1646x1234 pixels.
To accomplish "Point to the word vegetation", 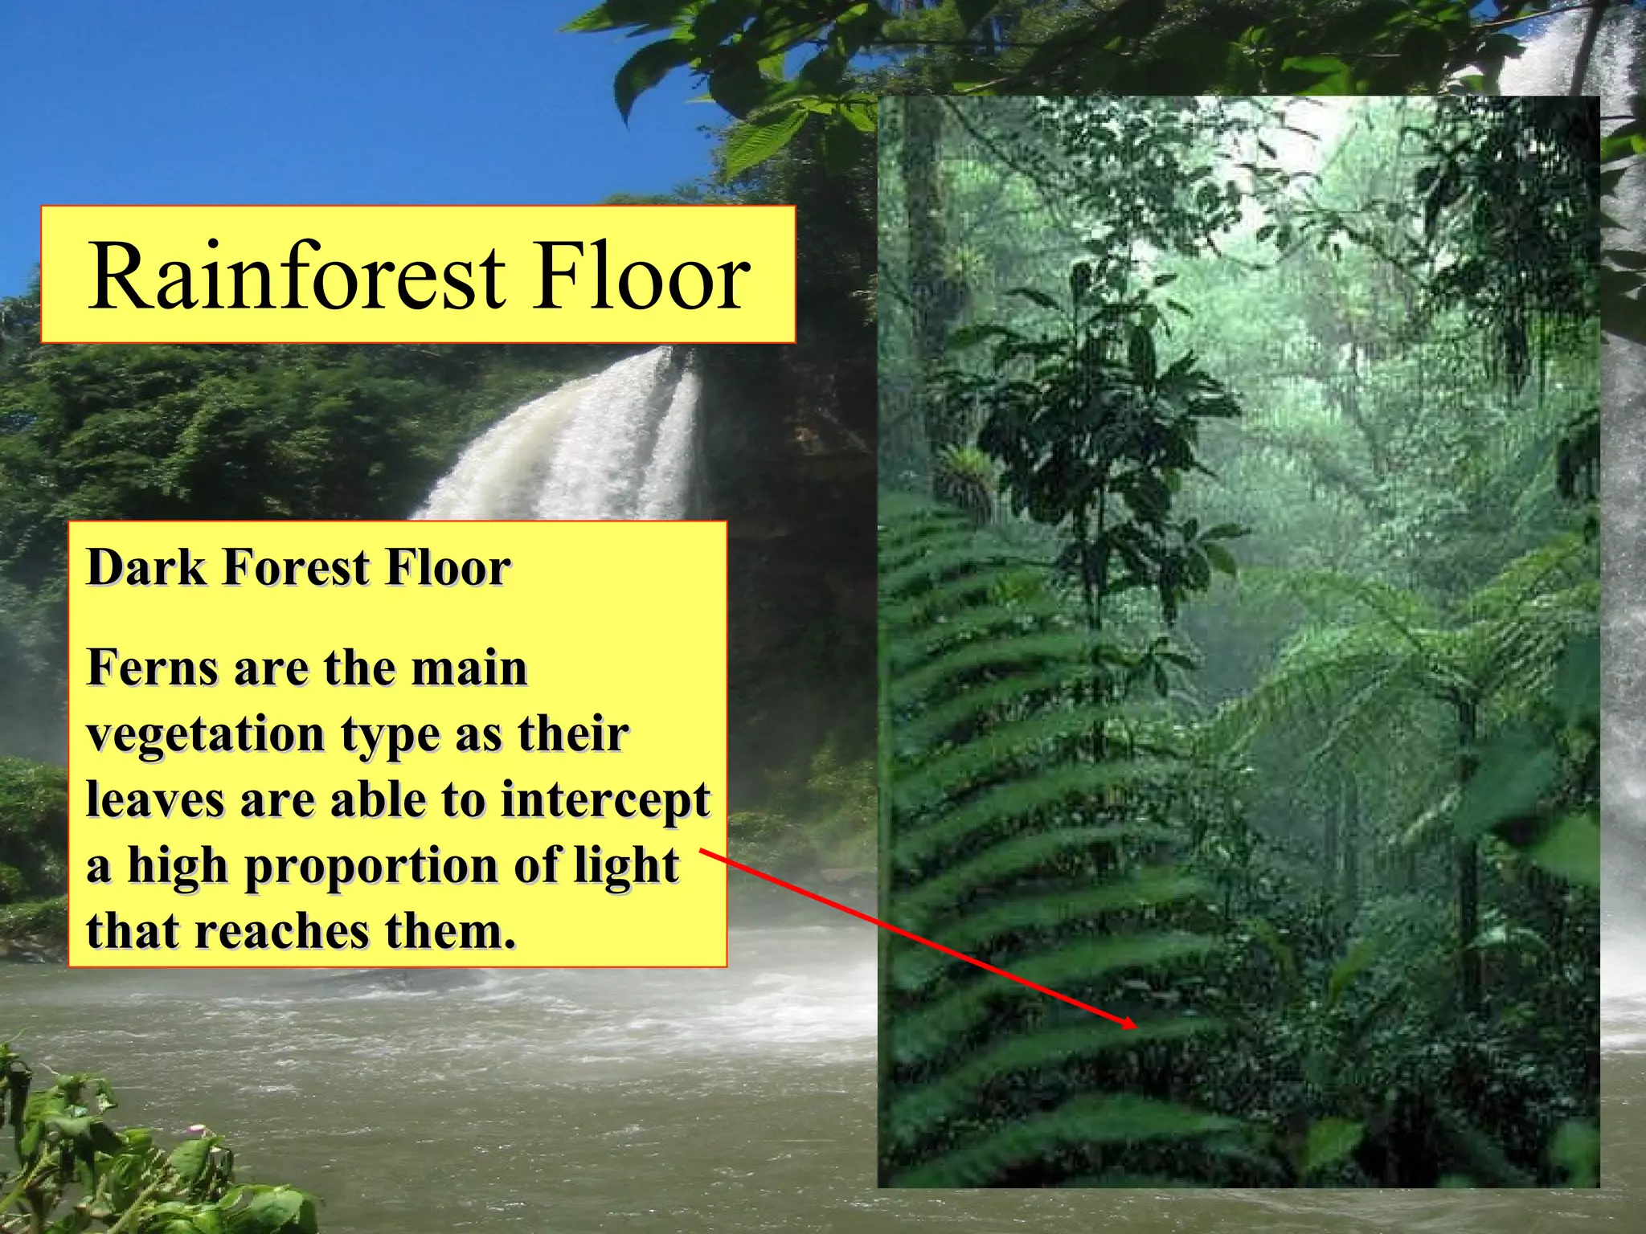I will coord(206,735).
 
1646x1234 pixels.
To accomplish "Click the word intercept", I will coord(605,801).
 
